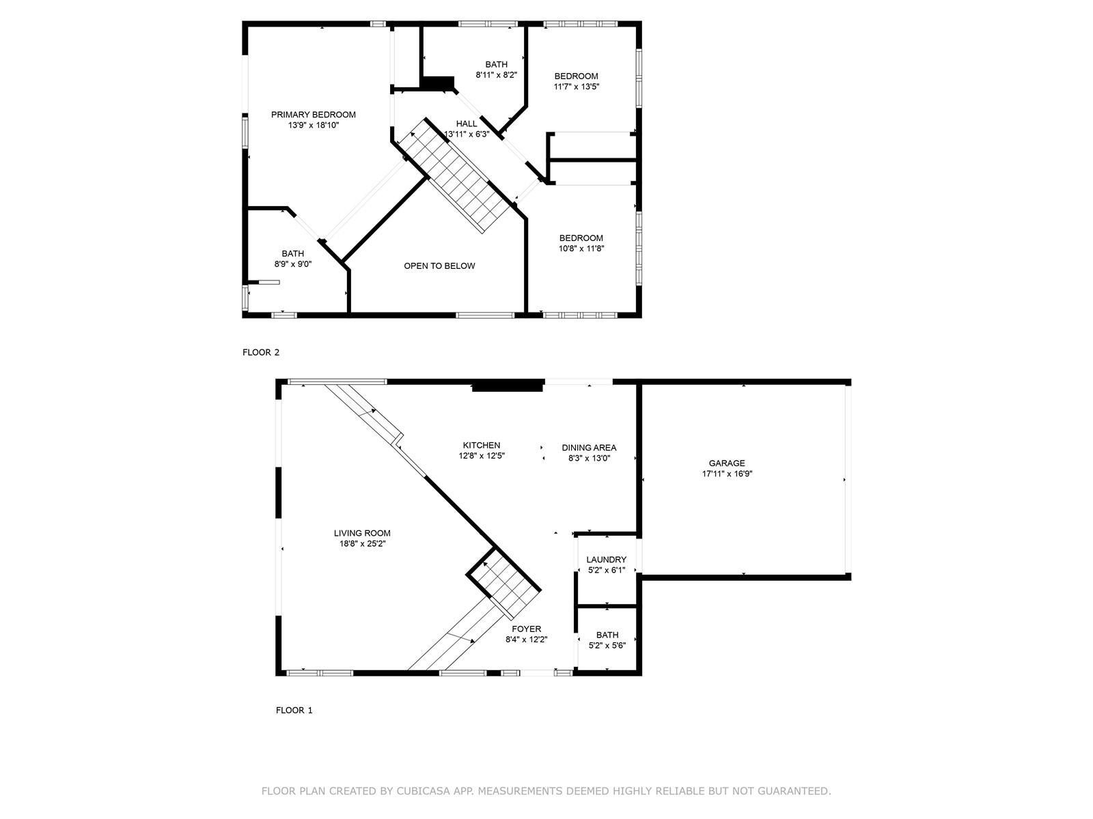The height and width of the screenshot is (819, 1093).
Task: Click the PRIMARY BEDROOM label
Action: tap(313, 115)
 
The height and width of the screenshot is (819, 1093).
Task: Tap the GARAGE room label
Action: tap(727, 463)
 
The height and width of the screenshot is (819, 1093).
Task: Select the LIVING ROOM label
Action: tap(362, 533)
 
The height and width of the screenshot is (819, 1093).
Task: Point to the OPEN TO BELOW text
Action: tap(439, 266)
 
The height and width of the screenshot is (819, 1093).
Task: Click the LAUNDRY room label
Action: tap(606, 560)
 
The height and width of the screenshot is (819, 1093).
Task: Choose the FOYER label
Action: tap(526, 629)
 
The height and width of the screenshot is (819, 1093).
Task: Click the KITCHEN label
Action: tap(482, 445)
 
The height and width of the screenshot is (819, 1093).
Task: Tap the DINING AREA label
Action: tap(589, 448)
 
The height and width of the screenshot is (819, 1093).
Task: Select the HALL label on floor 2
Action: tap(467, 124)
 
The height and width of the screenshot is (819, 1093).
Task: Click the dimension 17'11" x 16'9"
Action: tap(727, 474)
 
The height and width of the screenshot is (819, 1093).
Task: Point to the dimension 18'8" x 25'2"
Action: tap(363, 544)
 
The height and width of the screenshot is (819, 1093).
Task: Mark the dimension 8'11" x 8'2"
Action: tap(497, 75)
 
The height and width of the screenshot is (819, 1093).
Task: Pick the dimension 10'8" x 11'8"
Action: tap(581, 248)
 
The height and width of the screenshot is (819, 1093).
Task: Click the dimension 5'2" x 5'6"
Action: tap(607, 646)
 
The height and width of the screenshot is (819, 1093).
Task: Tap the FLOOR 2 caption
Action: tap(261, 353)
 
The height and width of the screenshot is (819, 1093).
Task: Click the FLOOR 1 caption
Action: tap(294, 710)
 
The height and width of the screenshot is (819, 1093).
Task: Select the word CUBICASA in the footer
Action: tap(420, 790)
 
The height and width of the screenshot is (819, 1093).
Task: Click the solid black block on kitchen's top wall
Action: tap(508, 386)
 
